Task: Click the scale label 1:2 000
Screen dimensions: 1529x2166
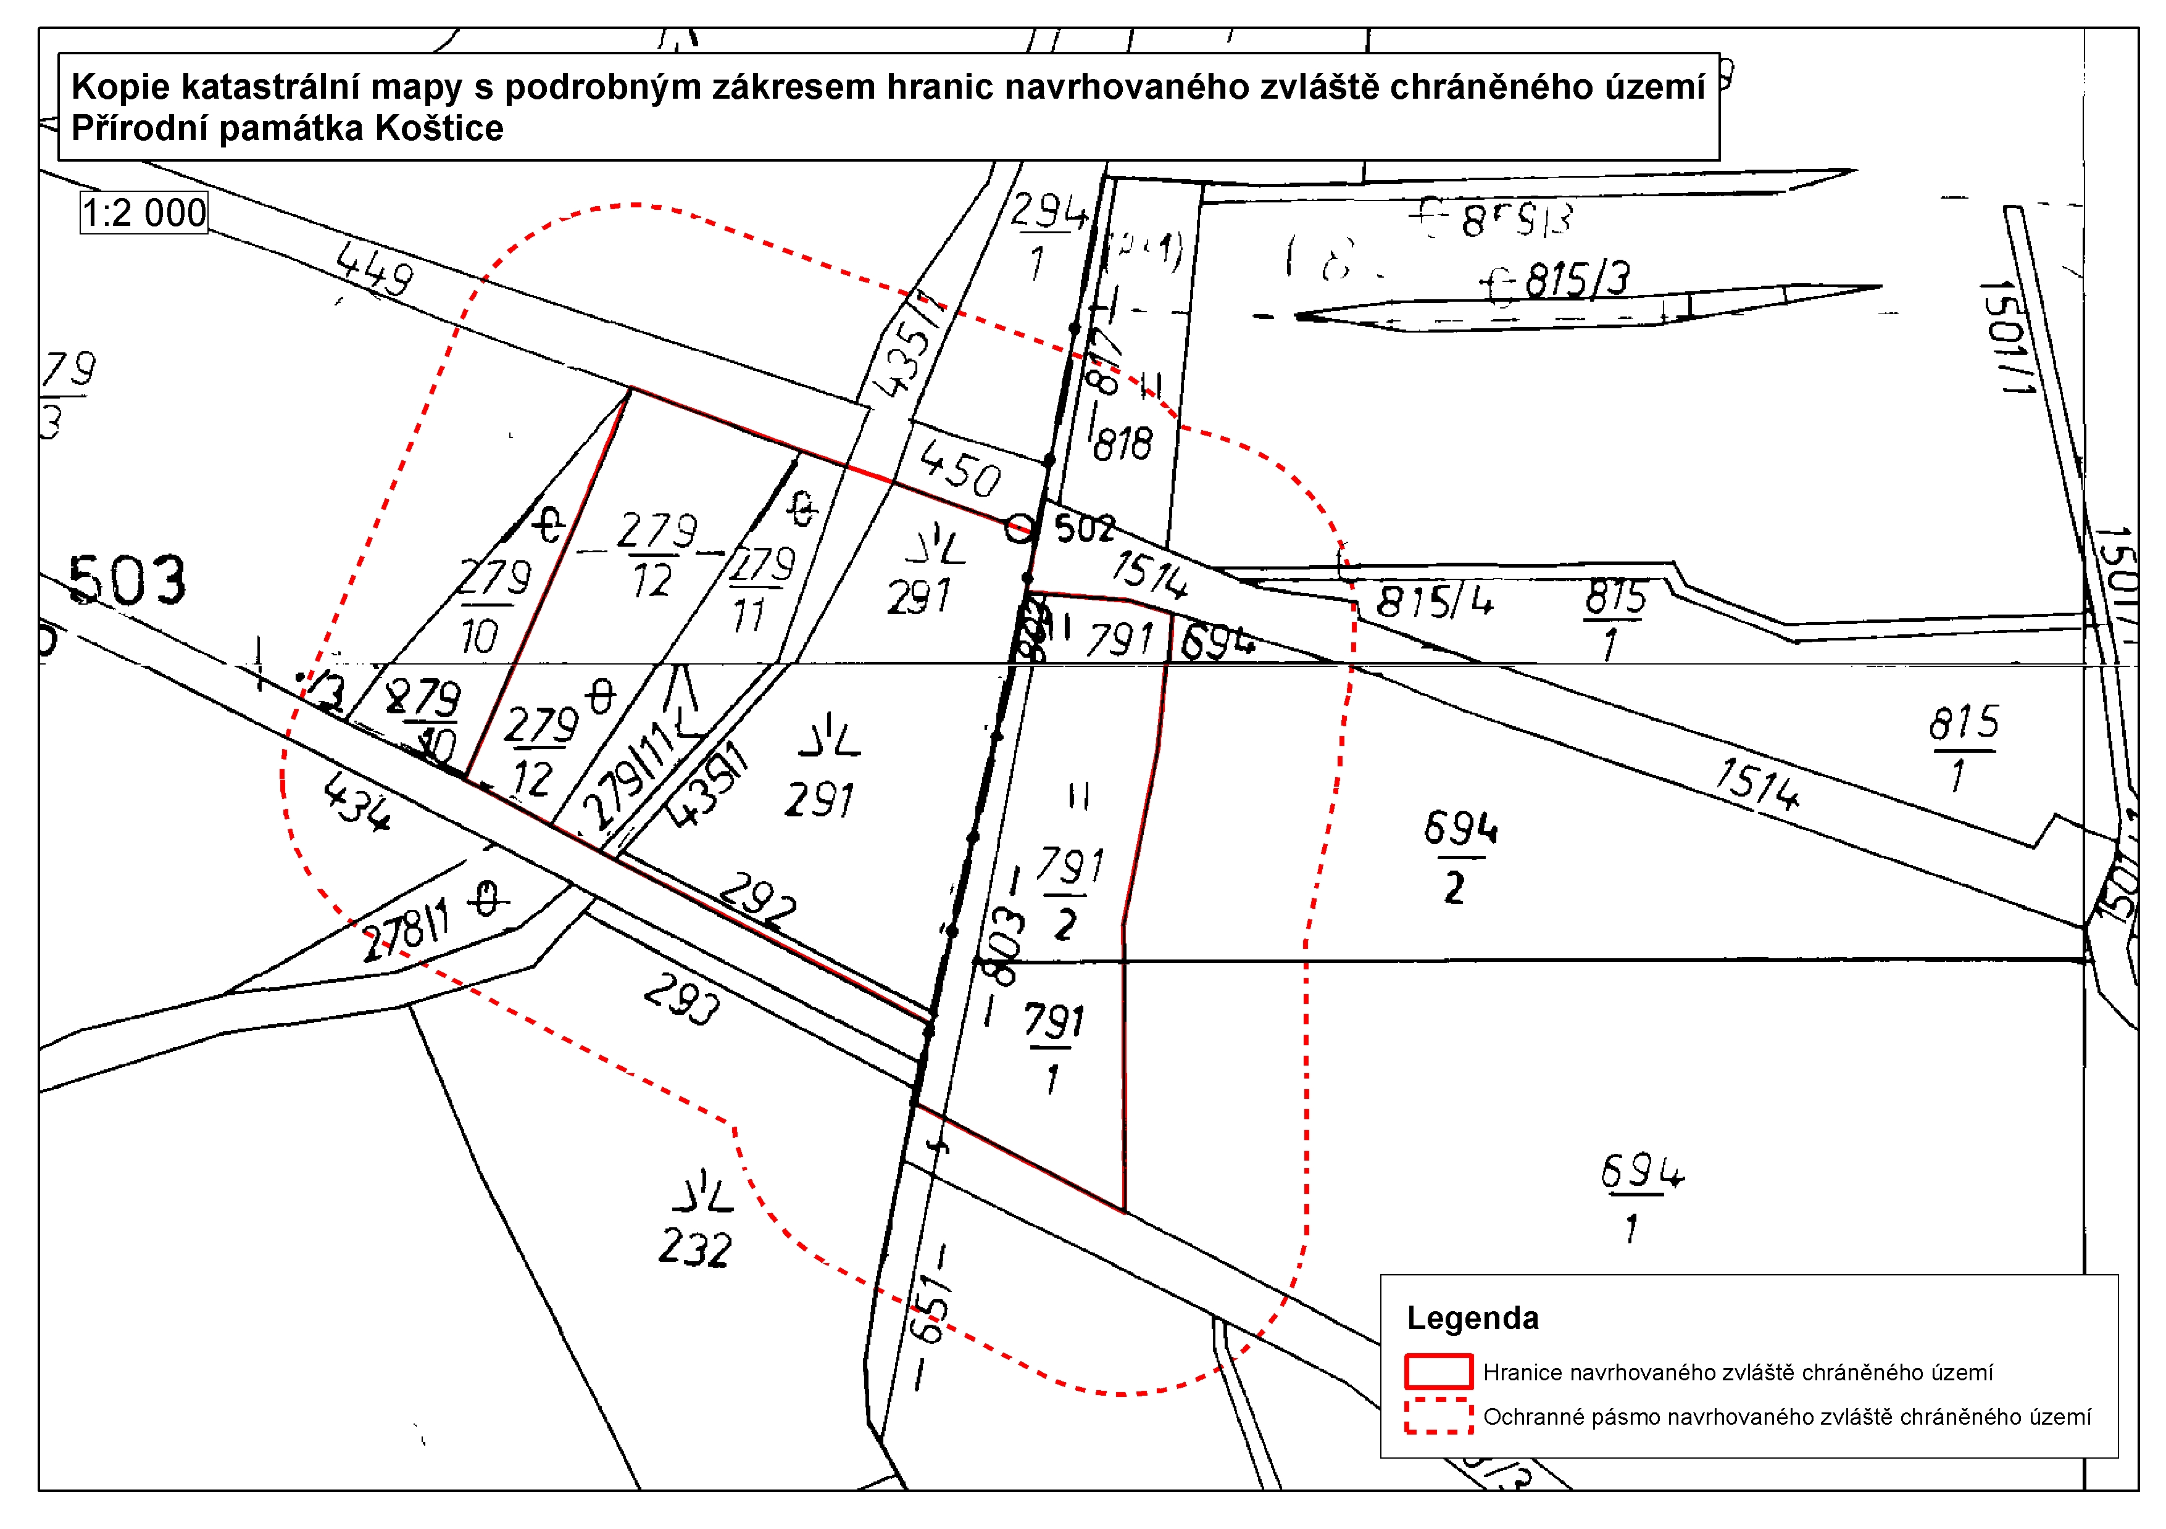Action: point(143,213)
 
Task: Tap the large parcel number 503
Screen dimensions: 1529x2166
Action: point(127,580)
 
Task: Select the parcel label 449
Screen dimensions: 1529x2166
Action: point(375,269)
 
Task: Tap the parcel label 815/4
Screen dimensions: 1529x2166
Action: point(1434,601)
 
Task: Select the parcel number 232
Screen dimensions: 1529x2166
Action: point(694,1247)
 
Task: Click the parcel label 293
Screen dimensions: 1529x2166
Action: point(681,999)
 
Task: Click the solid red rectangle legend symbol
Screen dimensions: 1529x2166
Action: point(1438,1372)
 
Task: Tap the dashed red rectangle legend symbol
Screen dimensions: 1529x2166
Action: point(1438,1416)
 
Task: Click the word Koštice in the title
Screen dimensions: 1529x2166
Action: point(439,128)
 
